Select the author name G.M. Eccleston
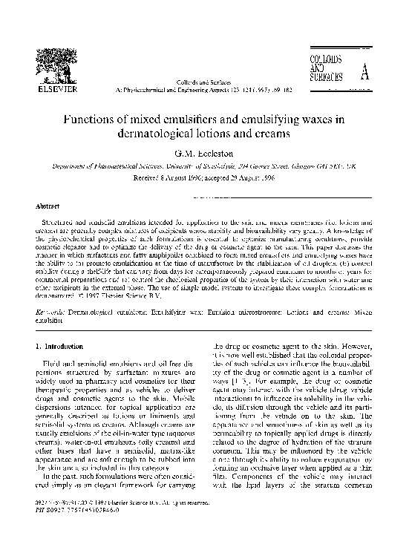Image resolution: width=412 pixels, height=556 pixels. click(x=206, y=157)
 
